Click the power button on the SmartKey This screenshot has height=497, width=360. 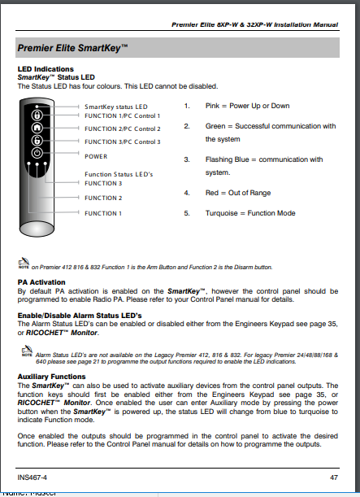click(37, 153)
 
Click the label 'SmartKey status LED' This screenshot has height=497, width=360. click(115, 107)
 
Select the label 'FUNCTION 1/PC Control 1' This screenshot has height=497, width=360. click(122, 116)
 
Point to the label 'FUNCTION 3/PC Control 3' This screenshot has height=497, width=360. click(122, 142)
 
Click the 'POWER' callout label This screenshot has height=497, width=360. click(96, 155)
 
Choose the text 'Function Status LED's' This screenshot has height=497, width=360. click(119, 174)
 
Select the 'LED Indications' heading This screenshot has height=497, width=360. click(46, 69)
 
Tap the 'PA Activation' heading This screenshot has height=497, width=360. click(41, 281)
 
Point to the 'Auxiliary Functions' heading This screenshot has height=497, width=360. click(52, 377)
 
